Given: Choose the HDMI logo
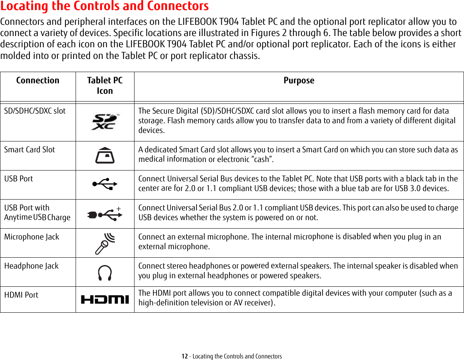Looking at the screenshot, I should pos(105,300).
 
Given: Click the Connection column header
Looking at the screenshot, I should pos(38,81).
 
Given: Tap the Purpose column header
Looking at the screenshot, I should pos(299,81).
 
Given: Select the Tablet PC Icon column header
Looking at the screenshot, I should pos(105,86).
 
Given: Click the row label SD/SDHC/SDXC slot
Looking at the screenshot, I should pos(35,111).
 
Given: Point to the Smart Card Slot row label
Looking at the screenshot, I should pos(29,150).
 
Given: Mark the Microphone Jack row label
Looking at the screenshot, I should pos(32,237).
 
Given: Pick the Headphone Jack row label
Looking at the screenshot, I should pos(31,266).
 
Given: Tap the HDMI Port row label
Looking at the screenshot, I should pos(21,295).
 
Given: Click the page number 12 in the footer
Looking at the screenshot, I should pos(185,356).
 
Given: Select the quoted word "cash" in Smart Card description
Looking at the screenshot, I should pos(260,159).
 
